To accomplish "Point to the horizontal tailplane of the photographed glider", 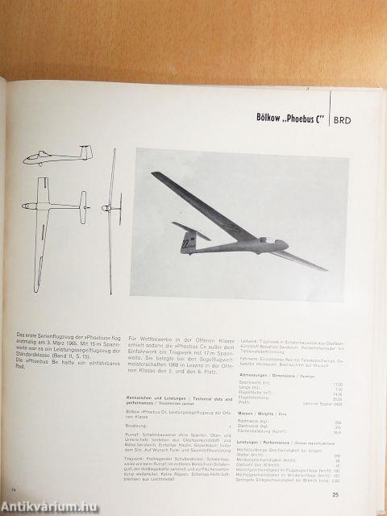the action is [192, 234].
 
